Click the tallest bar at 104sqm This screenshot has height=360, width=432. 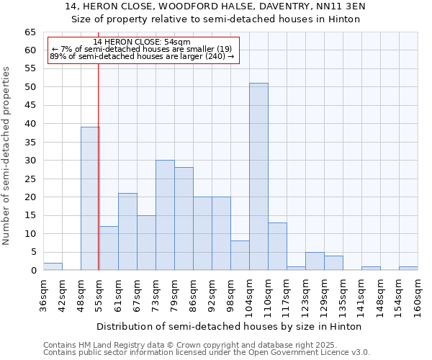click(x=258, y=176)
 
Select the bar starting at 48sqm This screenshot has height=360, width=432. click(x=90, y=199)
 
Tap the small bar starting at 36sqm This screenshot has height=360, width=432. click(x=53, y=266)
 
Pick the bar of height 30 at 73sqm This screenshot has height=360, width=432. click(x=165, y=215)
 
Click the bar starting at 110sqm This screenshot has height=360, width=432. click(x=277, y=246)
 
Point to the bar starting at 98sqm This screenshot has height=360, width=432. click(x=240, y=256)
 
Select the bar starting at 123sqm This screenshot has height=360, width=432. click(x=315, y=261)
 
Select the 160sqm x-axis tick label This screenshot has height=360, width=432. click(x=418, y=295)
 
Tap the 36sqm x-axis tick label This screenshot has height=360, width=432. click(x=43, y=295)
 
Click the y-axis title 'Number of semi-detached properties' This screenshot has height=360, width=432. click(x=7, y=156)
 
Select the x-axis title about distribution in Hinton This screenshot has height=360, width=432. click(x=230, y=326)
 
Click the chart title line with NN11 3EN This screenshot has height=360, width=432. click(x=215, y=6)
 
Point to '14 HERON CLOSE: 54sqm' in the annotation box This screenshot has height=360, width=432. click(x=142, y=42)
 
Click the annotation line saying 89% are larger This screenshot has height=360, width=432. click(x=142, y=56)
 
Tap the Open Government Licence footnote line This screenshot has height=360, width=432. click(x=207, y=353)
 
